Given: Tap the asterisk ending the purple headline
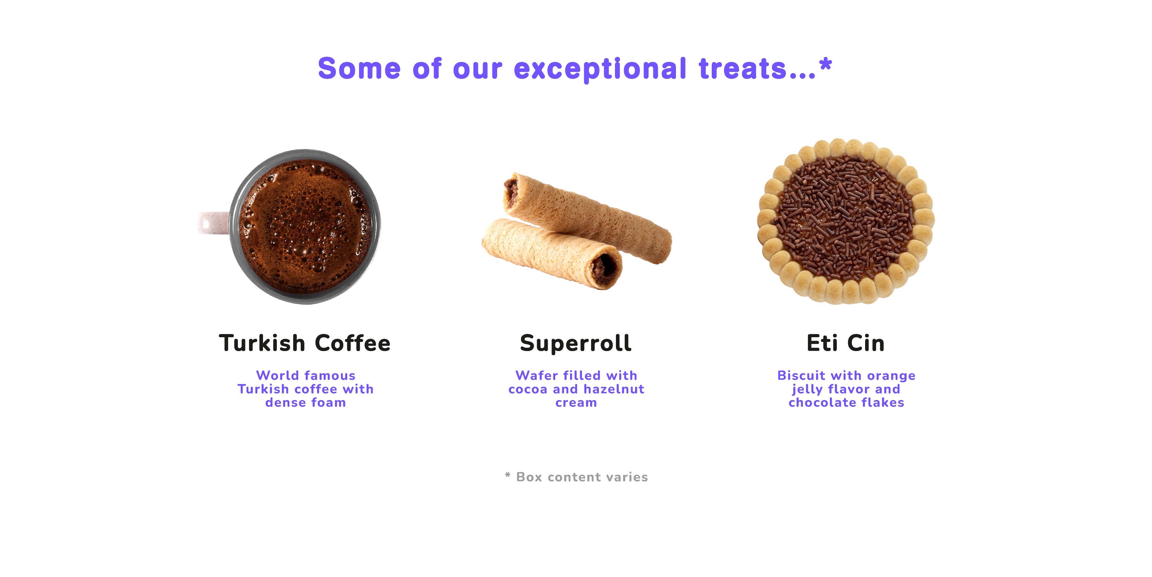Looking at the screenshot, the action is [x=826, y=64].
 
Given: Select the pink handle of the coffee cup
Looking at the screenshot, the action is [x=214, y=223].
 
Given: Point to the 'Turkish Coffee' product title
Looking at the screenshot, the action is [x=304, y=343].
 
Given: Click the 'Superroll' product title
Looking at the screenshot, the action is [x=576, y=343].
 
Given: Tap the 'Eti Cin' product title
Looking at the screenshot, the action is [x=846, y=343].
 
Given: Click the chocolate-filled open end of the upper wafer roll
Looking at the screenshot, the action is [x=510, y=191].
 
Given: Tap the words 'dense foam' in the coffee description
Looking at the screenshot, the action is [x=305, y=403].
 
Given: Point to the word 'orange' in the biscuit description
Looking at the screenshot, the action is [x=891, y=376].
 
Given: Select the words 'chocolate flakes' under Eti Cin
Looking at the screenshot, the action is [x=846, y=403].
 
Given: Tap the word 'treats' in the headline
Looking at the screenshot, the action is [x=743, y=69].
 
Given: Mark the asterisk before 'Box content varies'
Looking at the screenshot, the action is [x=507, y=474].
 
